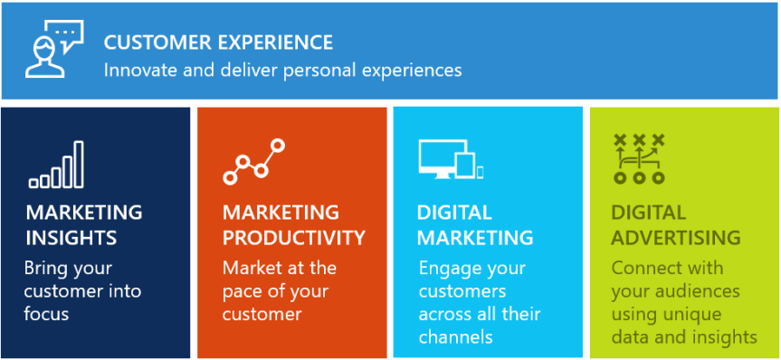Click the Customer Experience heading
point(218,42)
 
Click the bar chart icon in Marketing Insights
point(56,165)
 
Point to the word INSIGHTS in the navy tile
point(71,238)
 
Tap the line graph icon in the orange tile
point(253,162)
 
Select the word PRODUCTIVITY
point(294,238)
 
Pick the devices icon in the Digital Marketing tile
point(451,160)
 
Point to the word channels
point(455,336)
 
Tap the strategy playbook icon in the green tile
point(639,158)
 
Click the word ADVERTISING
point(675,238)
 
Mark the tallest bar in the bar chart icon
point(79,164)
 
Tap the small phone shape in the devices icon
point(480,171)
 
